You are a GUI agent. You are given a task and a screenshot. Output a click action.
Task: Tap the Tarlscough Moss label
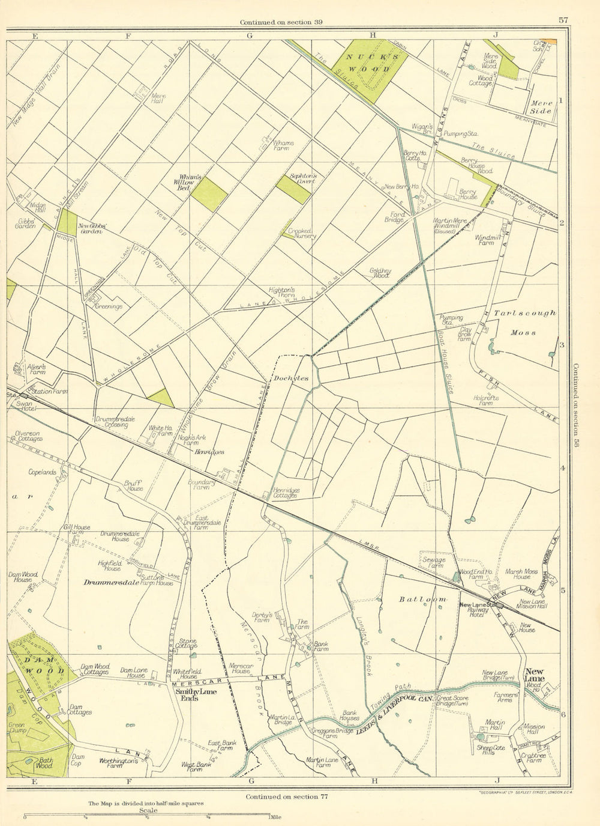pyautogui.click(x=524, y=322)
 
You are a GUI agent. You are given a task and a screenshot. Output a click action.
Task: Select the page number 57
pyautogui.click(x=563, y=20)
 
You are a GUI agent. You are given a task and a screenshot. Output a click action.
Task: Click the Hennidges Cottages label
pyautogui.click(x=286, y=493)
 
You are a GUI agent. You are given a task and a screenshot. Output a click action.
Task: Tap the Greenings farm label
pyautogui.click(x=109, y=306)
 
